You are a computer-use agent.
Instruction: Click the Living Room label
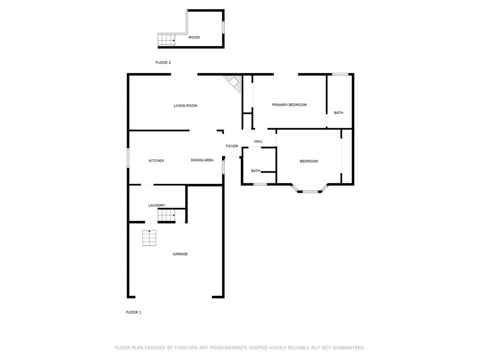tap(185, 105)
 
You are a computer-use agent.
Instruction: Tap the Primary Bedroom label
tap(289, 105)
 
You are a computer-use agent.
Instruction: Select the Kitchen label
tap(156, 161)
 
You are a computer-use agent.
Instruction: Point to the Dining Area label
tap(202, 160)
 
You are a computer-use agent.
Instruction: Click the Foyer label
tap(232, 146)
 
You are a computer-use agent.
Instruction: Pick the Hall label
tap(258, 141)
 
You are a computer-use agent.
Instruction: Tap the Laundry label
tap(157, 205)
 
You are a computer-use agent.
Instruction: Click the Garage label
tap(180, 254)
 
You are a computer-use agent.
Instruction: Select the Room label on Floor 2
tap(194, 37)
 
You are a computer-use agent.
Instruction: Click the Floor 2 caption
tap(163, 62)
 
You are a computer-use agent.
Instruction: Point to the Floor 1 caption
tap(134, 312)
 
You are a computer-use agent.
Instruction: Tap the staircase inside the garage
tap(149, 238)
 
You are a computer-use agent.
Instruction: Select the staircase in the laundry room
tap(166, 215)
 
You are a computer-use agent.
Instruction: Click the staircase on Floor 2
tap(166, 39)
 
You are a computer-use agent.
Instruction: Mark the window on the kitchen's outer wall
tap(128, 158)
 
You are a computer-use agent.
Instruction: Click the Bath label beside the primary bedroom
tap(338, 112)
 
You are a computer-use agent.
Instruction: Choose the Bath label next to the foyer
tap(255, 171)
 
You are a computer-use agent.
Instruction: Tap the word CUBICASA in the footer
tap(186, 348)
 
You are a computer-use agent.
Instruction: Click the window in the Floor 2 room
tap(223, 27)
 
